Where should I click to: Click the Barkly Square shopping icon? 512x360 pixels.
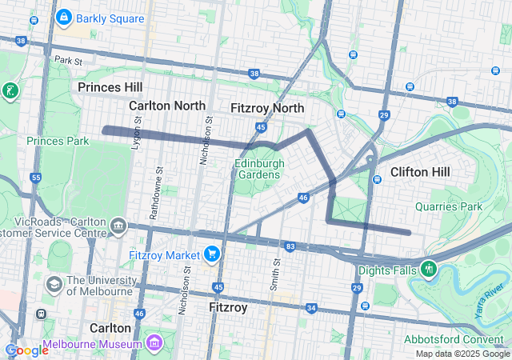[x=63, y=17]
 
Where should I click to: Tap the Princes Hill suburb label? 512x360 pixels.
[x=110, y=86]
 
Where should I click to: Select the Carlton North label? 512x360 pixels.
[x=167, y=106]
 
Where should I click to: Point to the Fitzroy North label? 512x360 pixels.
[x=266, y=107]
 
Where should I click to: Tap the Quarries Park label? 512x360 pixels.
[x=449, y=206]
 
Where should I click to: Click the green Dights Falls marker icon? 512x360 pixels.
[x=430, y=267]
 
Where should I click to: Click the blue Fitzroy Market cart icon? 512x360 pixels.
[x=212, y=254]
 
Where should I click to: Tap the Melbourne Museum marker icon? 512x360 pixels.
[x=153, y=344]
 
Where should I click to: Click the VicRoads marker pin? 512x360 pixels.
[x=118, y=226]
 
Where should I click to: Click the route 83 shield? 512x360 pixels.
[x=289, y=246]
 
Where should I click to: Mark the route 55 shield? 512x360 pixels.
[x=35, y=177]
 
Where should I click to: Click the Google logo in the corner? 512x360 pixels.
[x=26, y=350]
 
